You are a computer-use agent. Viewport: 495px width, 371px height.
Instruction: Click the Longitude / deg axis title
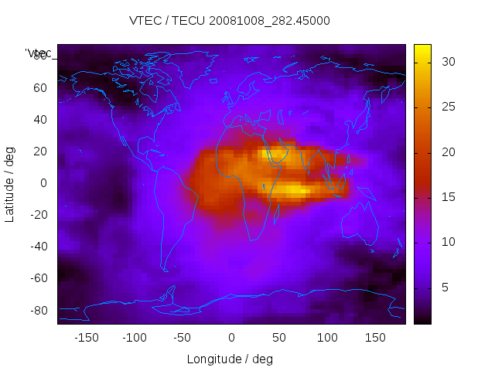(230, 359)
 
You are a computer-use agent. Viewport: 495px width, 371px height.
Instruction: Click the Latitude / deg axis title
(10, 183)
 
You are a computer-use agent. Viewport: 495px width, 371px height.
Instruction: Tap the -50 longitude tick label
(183, 337)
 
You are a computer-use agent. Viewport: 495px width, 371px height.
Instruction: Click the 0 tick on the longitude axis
(230, 337)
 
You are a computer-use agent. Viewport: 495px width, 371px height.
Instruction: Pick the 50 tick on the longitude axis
(278, 337)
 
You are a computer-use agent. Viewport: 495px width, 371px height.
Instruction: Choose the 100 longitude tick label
(327, 337)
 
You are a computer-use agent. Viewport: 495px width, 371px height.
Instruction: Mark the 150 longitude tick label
(375, 337)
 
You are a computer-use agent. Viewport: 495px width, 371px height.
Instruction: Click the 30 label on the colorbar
(446, 61)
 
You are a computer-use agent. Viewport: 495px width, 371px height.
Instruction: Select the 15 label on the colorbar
(446, 197)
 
